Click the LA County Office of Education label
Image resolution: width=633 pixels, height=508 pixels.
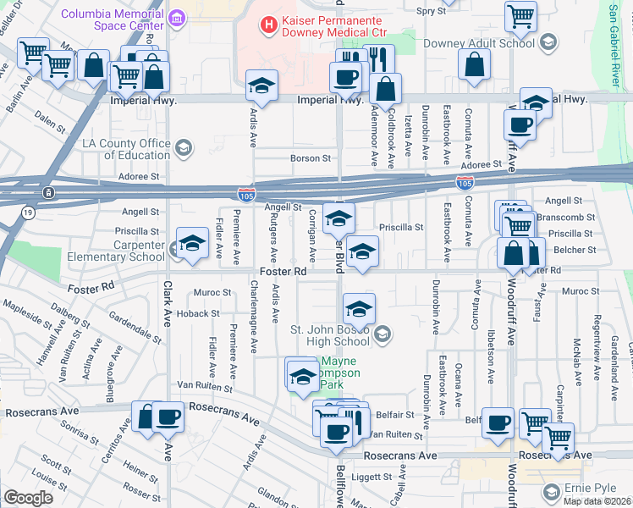click(x=127, y=149)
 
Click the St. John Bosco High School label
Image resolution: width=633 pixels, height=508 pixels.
click(x=331, y=336)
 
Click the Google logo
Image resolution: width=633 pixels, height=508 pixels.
click(x=28, y=498)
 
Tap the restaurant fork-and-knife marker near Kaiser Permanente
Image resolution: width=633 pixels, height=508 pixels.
click(x=377, y=59)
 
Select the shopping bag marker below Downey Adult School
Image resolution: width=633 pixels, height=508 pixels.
click(x=476, y=64)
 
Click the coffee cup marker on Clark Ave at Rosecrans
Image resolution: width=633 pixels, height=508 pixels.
click(x=168, y=417)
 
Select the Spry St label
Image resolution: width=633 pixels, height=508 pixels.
click(x=431, y=11)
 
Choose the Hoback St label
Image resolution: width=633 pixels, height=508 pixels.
click(x=198, y=314)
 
